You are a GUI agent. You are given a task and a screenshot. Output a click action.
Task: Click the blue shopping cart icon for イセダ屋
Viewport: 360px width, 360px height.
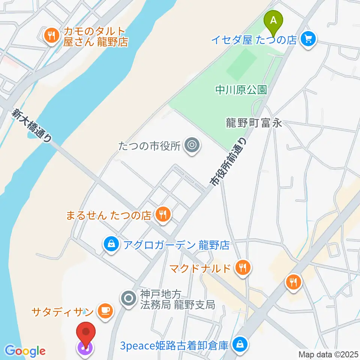click(x=309, y=39)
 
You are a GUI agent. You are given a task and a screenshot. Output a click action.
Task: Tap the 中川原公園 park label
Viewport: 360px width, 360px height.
click(x=241, y=90)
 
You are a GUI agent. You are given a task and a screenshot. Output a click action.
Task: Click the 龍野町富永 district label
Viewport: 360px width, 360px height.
click(x=253, y=123)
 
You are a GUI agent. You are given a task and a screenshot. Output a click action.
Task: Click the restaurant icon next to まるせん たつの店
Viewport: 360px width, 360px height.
click(x=163, y=215)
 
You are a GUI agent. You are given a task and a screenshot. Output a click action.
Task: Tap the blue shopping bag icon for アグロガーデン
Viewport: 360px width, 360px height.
click(x=111, y=245)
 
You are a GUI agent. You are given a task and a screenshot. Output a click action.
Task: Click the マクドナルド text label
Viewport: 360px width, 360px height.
click(x=199, y=268)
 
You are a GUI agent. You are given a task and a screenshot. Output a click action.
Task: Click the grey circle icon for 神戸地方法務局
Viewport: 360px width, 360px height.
click(x=129, y=299)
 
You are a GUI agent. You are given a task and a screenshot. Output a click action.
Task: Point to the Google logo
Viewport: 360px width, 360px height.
click(x=25, y=351)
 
